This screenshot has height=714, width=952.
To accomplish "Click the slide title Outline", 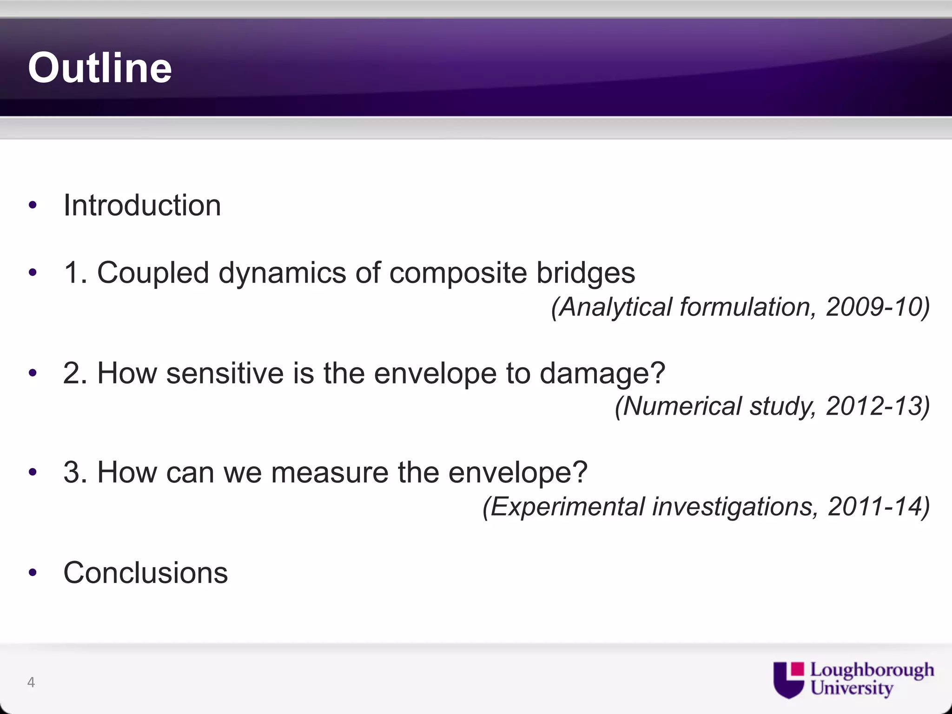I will pos(100,68).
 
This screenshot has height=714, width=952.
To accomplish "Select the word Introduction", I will pos(142,205).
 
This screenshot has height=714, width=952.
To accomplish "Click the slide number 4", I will pos(31,682).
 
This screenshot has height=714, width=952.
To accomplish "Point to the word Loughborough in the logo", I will pos(872,670).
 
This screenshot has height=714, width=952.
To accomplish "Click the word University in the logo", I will pos(852,688).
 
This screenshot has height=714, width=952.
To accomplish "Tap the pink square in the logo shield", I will pos(798,669).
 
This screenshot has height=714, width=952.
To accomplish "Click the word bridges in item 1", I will pos(586,272).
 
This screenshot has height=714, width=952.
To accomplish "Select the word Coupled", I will pos(153,272).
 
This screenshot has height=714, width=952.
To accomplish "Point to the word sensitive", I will pos(225,373).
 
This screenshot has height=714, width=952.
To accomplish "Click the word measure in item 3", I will pos(330,472).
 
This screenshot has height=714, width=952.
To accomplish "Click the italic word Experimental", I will pos(567,506).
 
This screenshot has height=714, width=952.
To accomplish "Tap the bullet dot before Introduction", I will pos(32,205).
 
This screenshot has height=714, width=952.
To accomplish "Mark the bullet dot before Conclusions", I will pos(32,573).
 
